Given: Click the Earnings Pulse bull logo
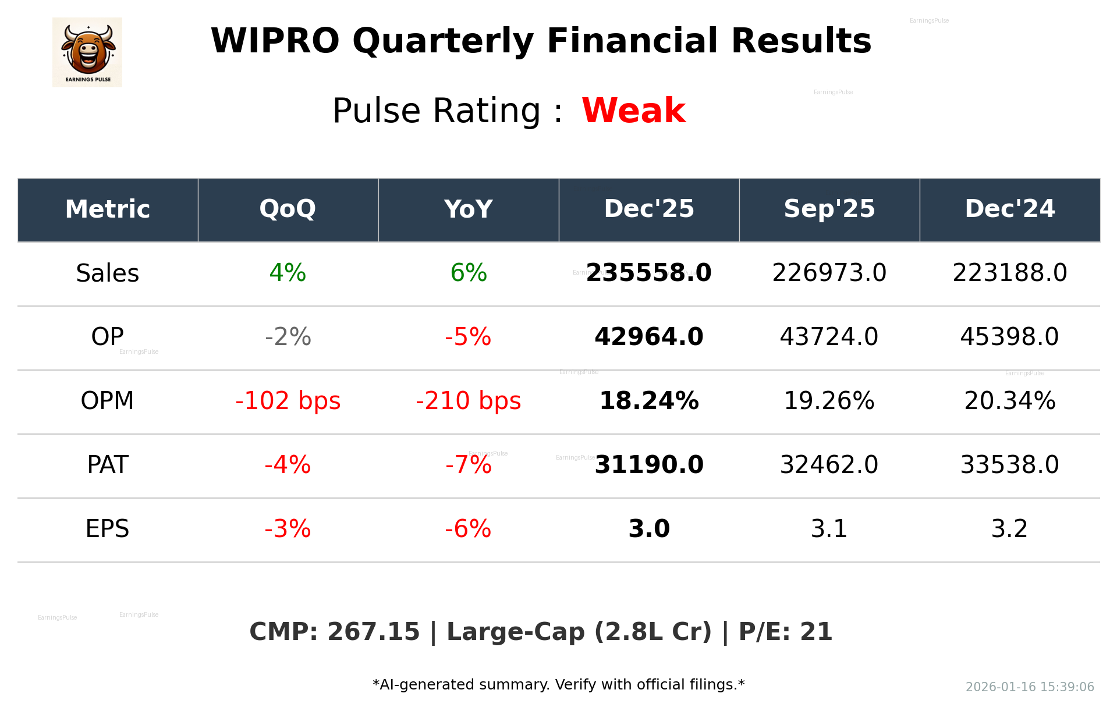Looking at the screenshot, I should click(87, 52).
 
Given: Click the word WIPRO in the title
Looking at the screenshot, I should click(275, 41).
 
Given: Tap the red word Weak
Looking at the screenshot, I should click(633, 111).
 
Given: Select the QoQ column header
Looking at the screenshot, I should click(288, 209).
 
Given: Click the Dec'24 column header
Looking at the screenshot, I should click(1009, 209).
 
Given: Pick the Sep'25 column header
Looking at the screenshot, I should click(829, 209).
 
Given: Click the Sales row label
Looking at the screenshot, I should click(108, 273).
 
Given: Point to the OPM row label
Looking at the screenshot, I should click(108, 401).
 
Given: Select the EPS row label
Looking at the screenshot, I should click(108, 529).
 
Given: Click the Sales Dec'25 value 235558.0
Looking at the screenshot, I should click(648, 273).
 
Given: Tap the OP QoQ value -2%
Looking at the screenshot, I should click(288, 337).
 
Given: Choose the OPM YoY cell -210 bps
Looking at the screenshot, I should click(468, 401).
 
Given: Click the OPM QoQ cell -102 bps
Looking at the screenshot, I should click(288, 401).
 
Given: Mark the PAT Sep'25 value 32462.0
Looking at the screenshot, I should click(829, 465).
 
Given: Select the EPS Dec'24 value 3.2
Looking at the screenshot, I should click(1009, 529).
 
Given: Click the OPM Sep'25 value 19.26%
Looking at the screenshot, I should click(829, 401).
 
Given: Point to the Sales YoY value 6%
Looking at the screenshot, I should click(468, 273).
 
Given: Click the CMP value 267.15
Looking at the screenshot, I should click(373, 632).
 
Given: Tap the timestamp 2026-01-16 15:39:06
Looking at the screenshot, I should click(1030, 687).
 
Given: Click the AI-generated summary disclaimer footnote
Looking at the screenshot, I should click(558, 685).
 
